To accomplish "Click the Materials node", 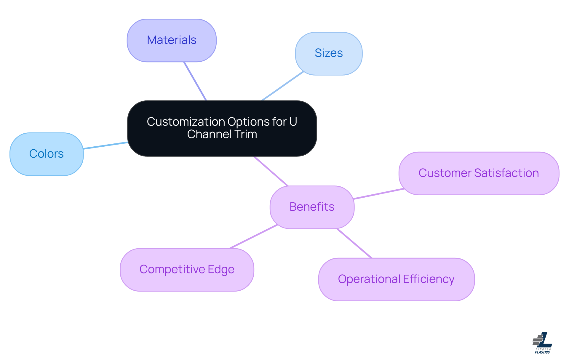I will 172,40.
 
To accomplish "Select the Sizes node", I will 329,53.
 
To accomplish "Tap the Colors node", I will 47,154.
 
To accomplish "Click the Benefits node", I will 312,207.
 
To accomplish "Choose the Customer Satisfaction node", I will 479,173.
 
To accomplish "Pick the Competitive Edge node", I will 187,270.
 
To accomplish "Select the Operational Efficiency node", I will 396,279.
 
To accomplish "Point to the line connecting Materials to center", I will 195,81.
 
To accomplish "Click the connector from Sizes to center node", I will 282,86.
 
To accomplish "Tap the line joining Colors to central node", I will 106,145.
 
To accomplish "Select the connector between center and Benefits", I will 271,171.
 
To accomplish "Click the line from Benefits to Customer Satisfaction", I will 379,194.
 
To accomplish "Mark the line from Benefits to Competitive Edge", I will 253,236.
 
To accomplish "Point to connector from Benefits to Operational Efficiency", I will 354,243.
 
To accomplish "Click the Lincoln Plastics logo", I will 542,343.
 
